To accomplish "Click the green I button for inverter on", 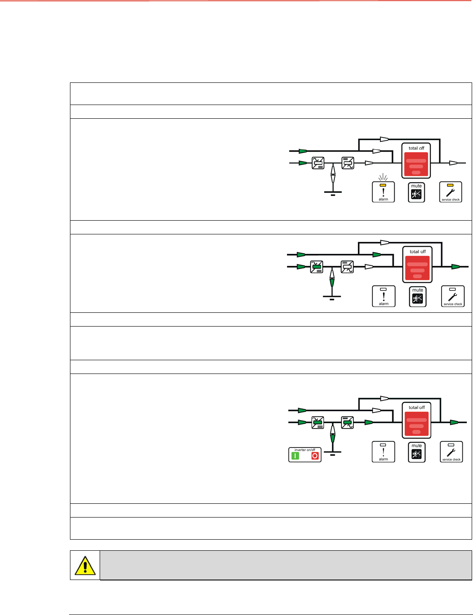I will pos(295,456).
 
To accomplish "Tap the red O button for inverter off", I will pos(315,456).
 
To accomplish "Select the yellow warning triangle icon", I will pos(85,565).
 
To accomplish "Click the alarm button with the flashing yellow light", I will pos(383,192).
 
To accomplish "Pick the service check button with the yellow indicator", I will pos(450,192).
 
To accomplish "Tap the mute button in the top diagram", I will pos(416,193).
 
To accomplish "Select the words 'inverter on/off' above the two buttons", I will pos(305,450).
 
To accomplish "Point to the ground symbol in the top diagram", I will pos(333,193).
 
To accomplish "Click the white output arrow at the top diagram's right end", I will pos(454,163).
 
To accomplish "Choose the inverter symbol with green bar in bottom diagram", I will pos(348,422).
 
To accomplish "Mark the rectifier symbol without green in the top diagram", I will pos(318,163).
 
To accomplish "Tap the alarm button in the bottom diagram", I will pos(383,452).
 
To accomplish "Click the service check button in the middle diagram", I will pos(453,296).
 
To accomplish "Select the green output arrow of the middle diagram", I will pos(456,267).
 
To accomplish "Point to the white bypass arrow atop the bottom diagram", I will pos(384,399).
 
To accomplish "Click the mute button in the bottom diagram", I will pos(416,452).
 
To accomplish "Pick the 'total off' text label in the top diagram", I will pos(416,148).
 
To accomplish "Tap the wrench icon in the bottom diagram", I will pos(451,452).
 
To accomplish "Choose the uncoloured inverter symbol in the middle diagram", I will pos(347,267).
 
